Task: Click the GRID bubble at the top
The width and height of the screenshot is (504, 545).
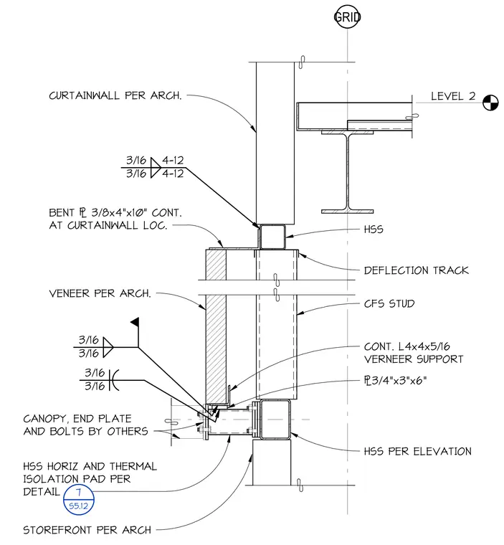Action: [347, 16]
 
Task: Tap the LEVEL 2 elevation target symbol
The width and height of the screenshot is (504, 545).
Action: [490, 103]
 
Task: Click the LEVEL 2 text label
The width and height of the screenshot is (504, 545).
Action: [453, 96]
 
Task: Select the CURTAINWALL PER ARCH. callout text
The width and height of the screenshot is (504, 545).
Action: [115, 95]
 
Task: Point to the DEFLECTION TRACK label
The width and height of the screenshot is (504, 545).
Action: [416, 270]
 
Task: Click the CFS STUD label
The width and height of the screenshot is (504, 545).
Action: [389, 303]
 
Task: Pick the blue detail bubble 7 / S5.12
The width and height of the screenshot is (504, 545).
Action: [79, 499]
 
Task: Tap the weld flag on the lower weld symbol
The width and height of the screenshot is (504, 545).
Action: [135, 322]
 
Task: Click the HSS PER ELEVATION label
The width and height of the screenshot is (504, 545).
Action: [417, 451]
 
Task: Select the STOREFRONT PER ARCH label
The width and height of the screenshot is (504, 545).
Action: [87, 530]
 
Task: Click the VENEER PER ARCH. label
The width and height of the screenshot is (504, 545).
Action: [100, 293]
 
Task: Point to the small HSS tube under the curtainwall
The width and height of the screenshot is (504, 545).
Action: [272, 237]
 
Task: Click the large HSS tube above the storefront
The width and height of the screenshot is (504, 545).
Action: [275, 420]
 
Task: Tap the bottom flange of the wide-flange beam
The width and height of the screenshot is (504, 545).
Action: [347, 212]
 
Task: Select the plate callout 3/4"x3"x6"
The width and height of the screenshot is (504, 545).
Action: [395, 380]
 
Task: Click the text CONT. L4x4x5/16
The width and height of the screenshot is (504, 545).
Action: [406, 346]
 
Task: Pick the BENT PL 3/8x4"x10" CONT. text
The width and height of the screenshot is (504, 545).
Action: [115, 212]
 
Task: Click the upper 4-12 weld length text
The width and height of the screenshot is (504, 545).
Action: [173, 160]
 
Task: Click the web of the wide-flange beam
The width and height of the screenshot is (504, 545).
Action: [347, 171]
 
